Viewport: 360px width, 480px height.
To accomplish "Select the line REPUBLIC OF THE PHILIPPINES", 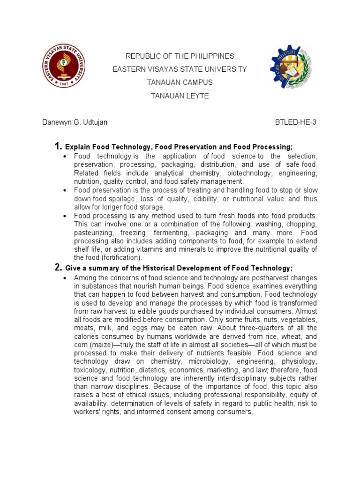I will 180,56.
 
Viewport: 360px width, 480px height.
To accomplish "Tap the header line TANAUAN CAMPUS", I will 180,82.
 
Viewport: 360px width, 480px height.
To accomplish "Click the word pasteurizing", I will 94,232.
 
